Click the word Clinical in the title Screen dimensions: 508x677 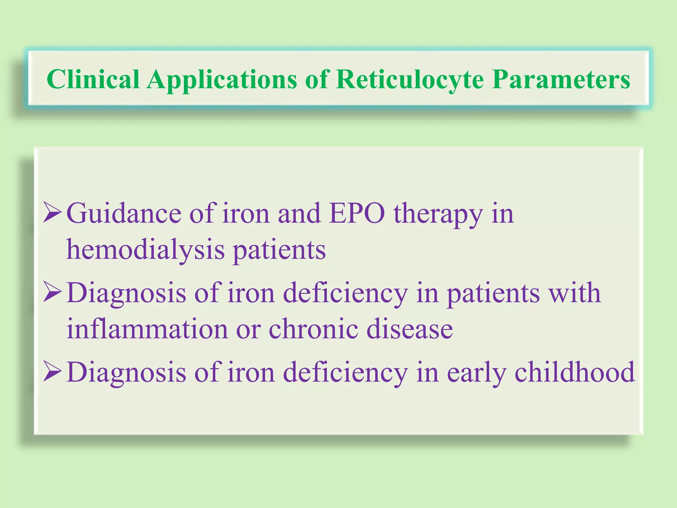(x=93, y=79)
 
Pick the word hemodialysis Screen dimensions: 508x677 (x=145, y=250)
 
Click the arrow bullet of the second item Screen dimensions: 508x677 (x=52, y=292)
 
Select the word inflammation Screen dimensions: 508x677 (x=147, y=329)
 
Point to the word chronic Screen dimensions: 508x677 (x=313, y=329)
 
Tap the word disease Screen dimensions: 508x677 (x=410, y=329)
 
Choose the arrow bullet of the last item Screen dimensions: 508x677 (x=52, y=372)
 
